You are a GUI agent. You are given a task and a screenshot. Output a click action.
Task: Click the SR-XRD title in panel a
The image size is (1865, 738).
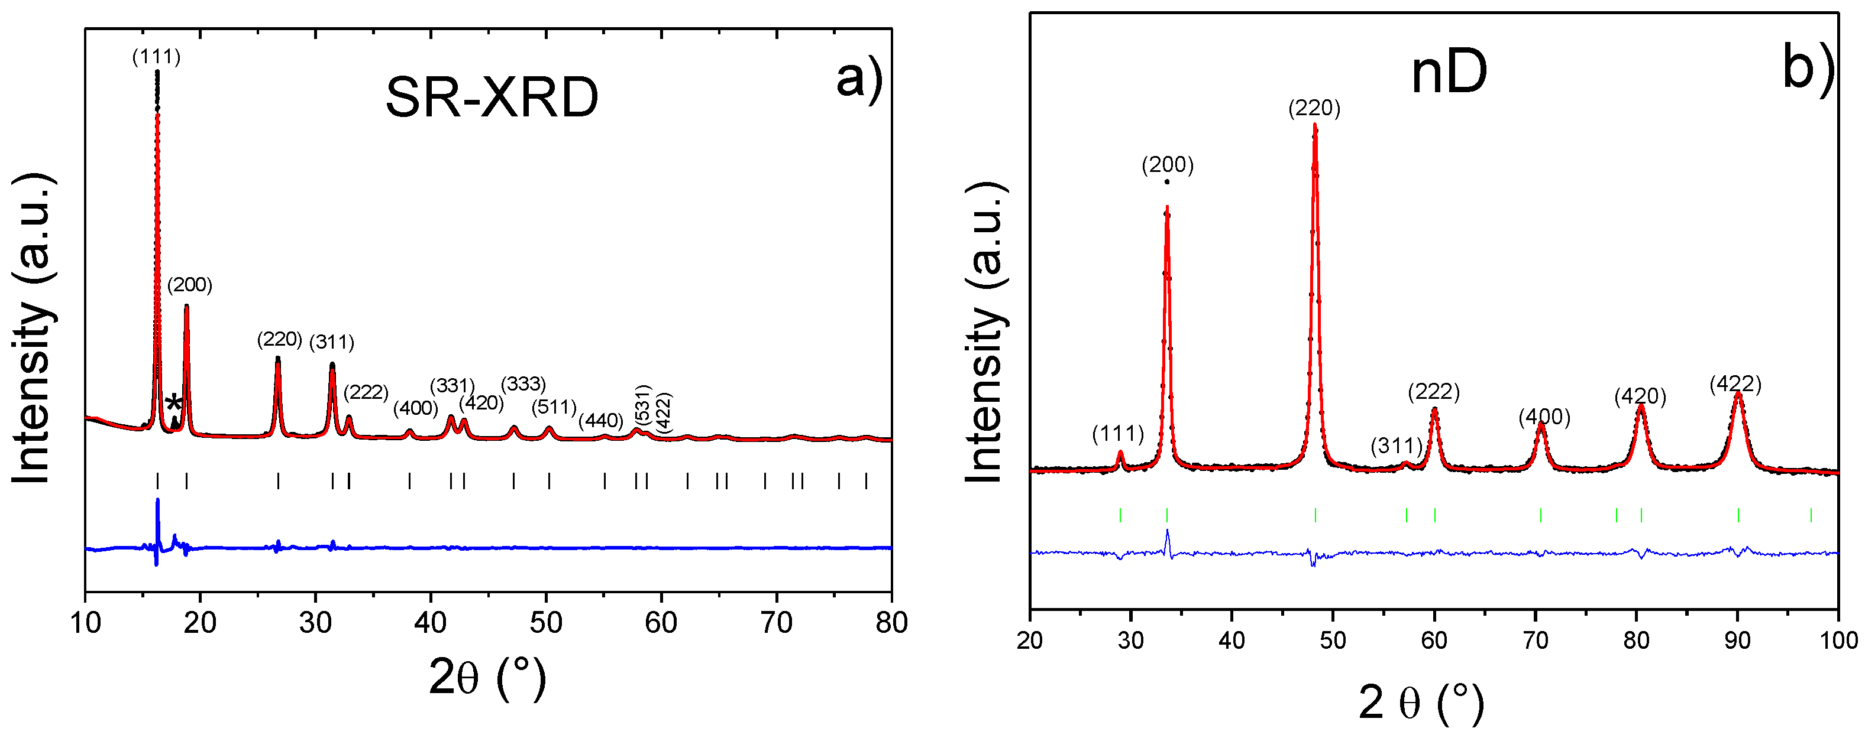[x=492, y=97]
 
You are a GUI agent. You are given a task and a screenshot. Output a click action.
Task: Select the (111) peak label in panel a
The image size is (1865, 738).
[x=156, y=57]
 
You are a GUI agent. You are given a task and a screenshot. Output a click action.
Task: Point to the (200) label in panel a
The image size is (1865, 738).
[x=190, y=285]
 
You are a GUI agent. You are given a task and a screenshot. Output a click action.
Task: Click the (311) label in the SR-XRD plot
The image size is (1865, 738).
[x=332, y=342]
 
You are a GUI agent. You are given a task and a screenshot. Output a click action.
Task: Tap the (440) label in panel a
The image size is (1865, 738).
[x=601, y=420]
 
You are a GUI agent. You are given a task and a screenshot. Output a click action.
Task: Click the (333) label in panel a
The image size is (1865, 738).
[x=523, y=383]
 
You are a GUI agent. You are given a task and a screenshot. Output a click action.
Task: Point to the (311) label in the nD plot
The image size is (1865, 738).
[x=1397, y=446]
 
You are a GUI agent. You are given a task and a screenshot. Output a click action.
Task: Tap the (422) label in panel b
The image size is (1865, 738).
[x=1735, y=384]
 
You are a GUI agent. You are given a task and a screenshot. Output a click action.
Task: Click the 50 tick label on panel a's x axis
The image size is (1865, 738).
[x=546, y=623]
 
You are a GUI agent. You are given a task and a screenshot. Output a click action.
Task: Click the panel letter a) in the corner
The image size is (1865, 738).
[x=859, y=78]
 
